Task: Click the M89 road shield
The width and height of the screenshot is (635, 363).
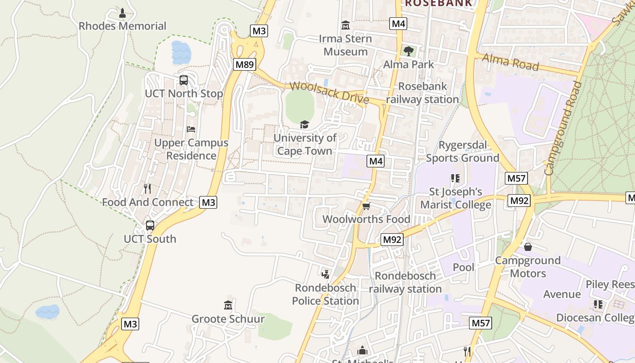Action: tap(244, 64)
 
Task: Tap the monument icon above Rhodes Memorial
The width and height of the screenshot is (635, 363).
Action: tap(122, 14)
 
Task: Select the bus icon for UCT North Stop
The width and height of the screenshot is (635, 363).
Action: tap(184, 80)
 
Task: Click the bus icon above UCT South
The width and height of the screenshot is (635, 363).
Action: tap(150, 226)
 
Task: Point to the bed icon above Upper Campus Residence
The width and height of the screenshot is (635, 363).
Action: tap(191, 129)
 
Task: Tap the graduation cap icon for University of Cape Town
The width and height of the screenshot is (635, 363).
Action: tap(304, 124)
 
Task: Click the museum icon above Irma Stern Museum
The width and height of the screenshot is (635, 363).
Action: tap(346, 25)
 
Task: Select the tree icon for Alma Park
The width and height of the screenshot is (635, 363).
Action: tap(409, 51)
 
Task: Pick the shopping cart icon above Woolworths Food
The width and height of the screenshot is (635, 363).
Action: tap(366, 206)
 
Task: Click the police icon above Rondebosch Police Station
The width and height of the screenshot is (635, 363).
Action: tap(325, 274)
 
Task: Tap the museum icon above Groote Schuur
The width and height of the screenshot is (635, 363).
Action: tap(228, 305)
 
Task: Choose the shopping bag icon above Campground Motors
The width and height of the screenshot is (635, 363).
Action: tap(528, 247)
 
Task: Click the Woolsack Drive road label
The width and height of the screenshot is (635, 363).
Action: tap(329, 92)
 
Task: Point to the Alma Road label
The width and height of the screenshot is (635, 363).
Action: tap(510, 62)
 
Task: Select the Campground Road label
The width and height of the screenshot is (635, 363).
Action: tap(563, 128)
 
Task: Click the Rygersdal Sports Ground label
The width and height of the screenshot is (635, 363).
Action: tap(462, 152)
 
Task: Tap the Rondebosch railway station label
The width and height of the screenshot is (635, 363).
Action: tap(405, 282)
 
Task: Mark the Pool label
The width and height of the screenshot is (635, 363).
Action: tap(464, 267)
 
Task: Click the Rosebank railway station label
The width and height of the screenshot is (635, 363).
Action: tap(422, 93)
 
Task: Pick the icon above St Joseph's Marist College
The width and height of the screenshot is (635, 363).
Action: tap(455, 178)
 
